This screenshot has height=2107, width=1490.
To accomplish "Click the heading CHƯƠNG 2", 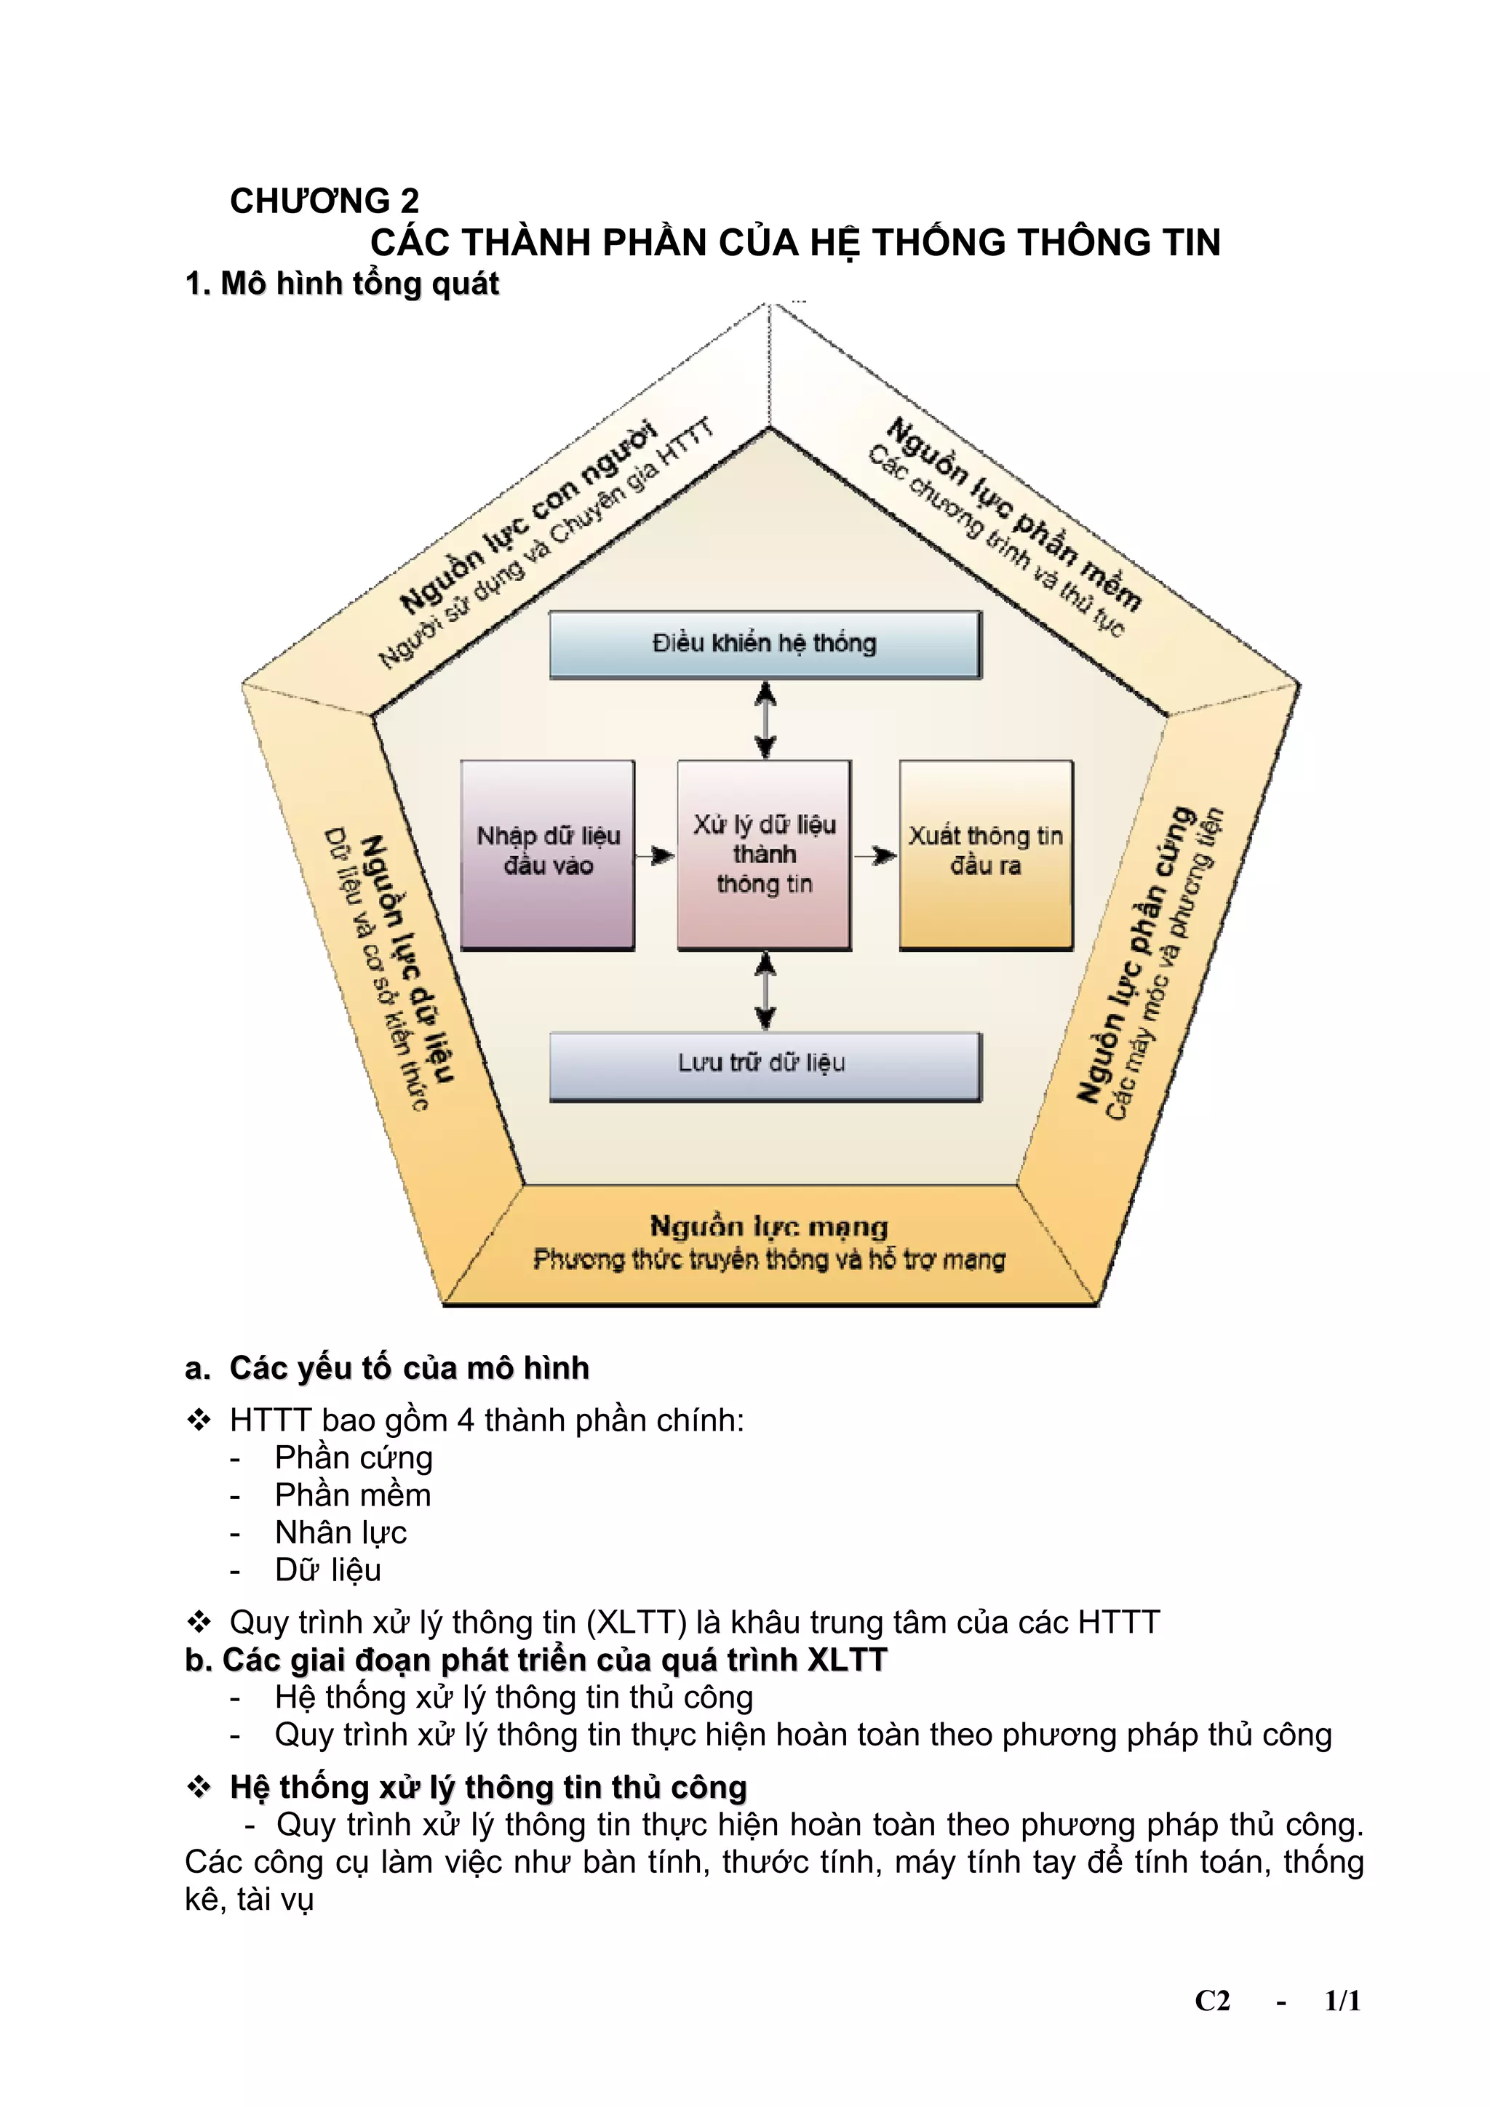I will pyautogui.click(x=324, y=201).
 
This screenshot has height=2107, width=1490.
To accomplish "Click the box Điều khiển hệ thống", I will pyautogui.click(x=764, y=644).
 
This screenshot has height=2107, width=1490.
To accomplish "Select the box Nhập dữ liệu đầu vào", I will pyautogui.click(x=547, y=853).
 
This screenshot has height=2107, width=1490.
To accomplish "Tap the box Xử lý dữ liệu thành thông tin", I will pyautogui.click(x=764, y=853).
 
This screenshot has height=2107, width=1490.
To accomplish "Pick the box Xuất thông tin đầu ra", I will pyautogui.click(x=985, y=853).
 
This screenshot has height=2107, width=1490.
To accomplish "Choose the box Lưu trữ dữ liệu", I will pyautogui.click(x=764, y=1065).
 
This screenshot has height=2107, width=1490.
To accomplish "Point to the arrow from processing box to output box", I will pyautogui.click(x=875, y=855).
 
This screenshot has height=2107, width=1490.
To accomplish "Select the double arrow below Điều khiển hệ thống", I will pyautogui.click(x=765, y=719).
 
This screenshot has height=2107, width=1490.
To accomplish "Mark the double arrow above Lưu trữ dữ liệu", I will pyautogui.click(x=765, y=991).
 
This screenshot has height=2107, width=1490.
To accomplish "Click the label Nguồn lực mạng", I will pyautogui.click(x=768, y=1226).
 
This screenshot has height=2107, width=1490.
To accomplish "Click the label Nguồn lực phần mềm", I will pyautogui.click(x=1013, y=514).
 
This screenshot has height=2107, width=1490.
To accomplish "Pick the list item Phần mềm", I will pyautogui.click(x=353, y=1495).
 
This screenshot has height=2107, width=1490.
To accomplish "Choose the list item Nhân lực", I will pyautogui.click(x=340, y=1532).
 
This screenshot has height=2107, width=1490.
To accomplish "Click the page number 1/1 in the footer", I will pyautogui.click(x=1342, y=2001).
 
